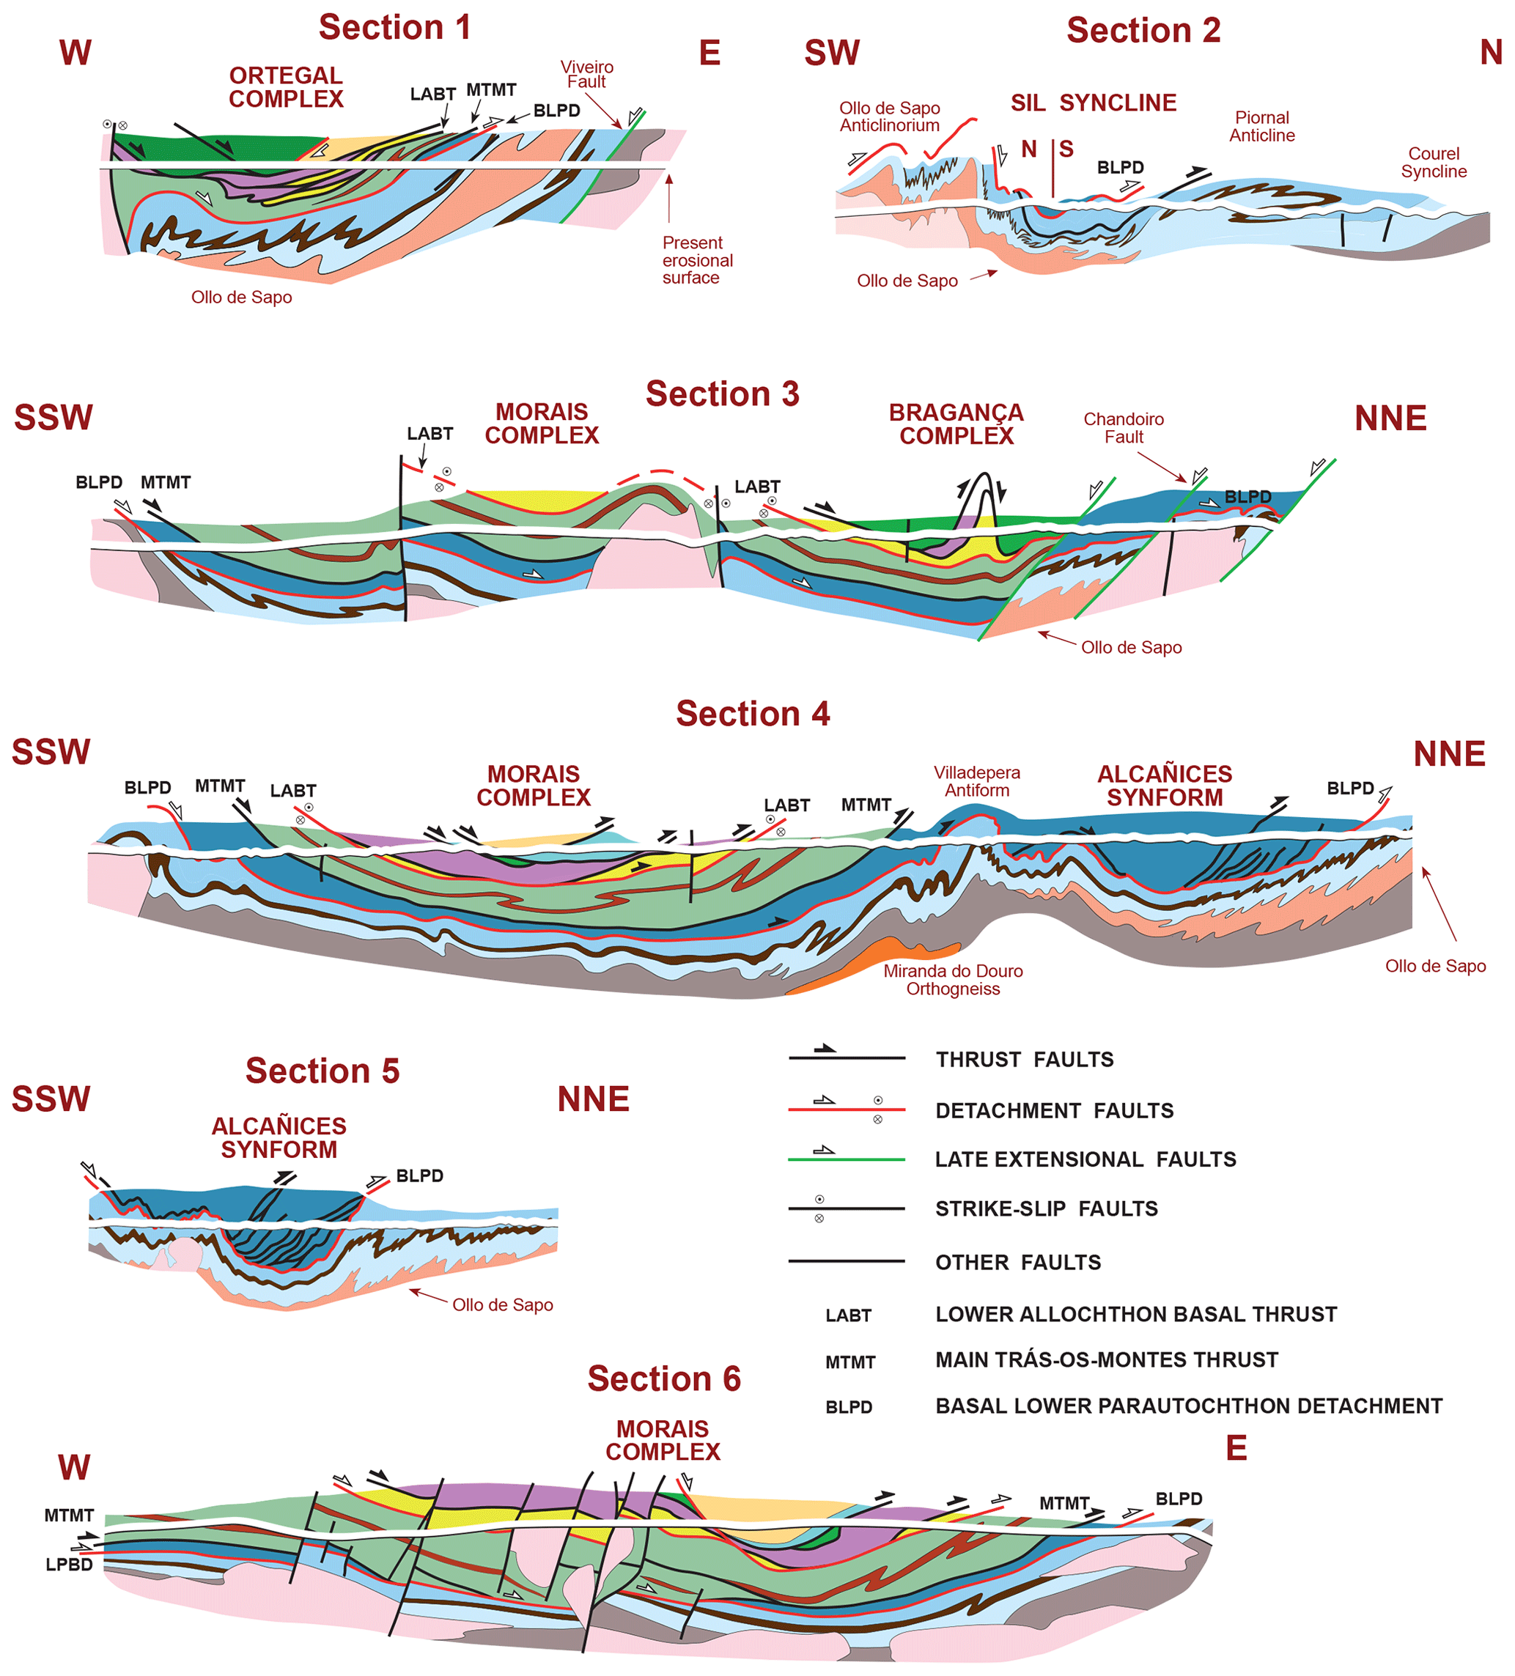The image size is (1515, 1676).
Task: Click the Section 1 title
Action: click(394, 27)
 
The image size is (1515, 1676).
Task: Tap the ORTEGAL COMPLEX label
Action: click(285, 87)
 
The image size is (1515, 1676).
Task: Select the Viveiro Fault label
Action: click(586, 74)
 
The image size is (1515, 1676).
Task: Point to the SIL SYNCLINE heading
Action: click(1093, 103)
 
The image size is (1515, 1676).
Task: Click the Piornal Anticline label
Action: click(1261, 126)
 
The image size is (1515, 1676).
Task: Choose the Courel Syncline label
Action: click(1434, 162)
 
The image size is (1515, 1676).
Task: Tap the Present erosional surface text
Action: click(697, 260)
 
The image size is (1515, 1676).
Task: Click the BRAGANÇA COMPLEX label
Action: click(956, 424)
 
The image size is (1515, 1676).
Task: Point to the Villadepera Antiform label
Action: click(976, 781)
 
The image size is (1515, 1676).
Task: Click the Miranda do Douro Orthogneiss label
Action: click(952, 979)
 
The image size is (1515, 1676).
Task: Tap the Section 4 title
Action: click(752, 713)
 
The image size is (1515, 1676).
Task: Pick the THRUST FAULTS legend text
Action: click(1024, 1059)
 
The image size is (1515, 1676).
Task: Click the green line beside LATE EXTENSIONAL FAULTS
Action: click(846, 1159)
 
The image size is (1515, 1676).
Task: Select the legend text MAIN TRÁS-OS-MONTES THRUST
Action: click(1106, 1359)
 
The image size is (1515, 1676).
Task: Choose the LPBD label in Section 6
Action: click(69, 1564)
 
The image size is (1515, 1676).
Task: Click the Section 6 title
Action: click(663, 1378)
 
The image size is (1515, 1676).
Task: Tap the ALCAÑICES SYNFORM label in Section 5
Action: click(279, 1137)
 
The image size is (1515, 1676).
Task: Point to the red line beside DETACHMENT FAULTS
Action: click(846, 1110)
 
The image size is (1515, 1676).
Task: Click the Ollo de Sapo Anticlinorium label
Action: click(889, 117)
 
